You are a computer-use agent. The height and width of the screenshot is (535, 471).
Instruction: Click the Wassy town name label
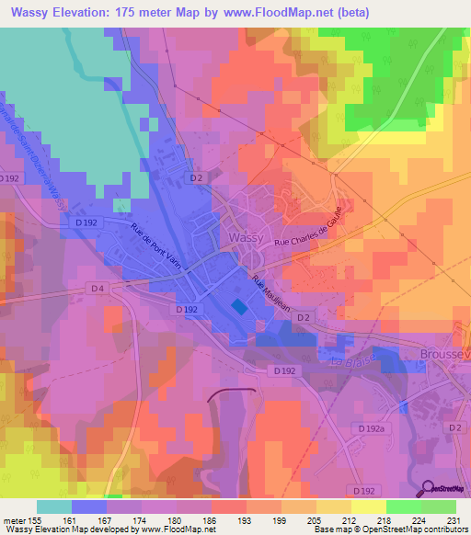tap(245, 237)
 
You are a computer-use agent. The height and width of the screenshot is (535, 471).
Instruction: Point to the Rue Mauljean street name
tap(271, 296)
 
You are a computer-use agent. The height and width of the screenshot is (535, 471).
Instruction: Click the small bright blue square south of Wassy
tap(238, 307)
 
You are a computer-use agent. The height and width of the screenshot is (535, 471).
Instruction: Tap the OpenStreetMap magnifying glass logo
tap(431, 487)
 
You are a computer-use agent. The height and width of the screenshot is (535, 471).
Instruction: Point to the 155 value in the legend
tap(39, 519)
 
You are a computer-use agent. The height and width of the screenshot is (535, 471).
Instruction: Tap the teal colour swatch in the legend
tap(54, 507)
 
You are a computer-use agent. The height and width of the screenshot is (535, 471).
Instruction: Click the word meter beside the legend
tap(15, 519)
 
